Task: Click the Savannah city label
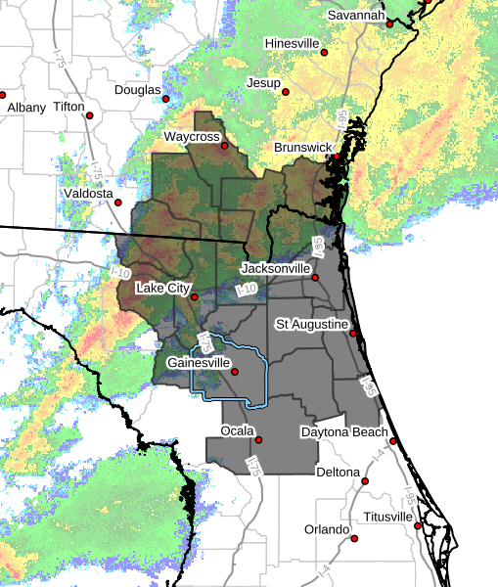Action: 355,16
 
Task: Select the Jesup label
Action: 263,83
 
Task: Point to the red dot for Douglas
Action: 169,97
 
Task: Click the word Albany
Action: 27,107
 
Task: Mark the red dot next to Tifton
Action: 90,114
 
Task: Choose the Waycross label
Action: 191,137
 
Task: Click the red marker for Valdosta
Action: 118,203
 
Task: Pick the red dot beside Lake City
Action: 195,296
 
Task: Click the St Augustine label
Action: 310,324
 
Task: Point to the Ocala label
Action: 234,430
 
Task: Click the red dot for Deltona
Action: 366,480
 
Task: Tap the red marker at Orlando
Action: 354,538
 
